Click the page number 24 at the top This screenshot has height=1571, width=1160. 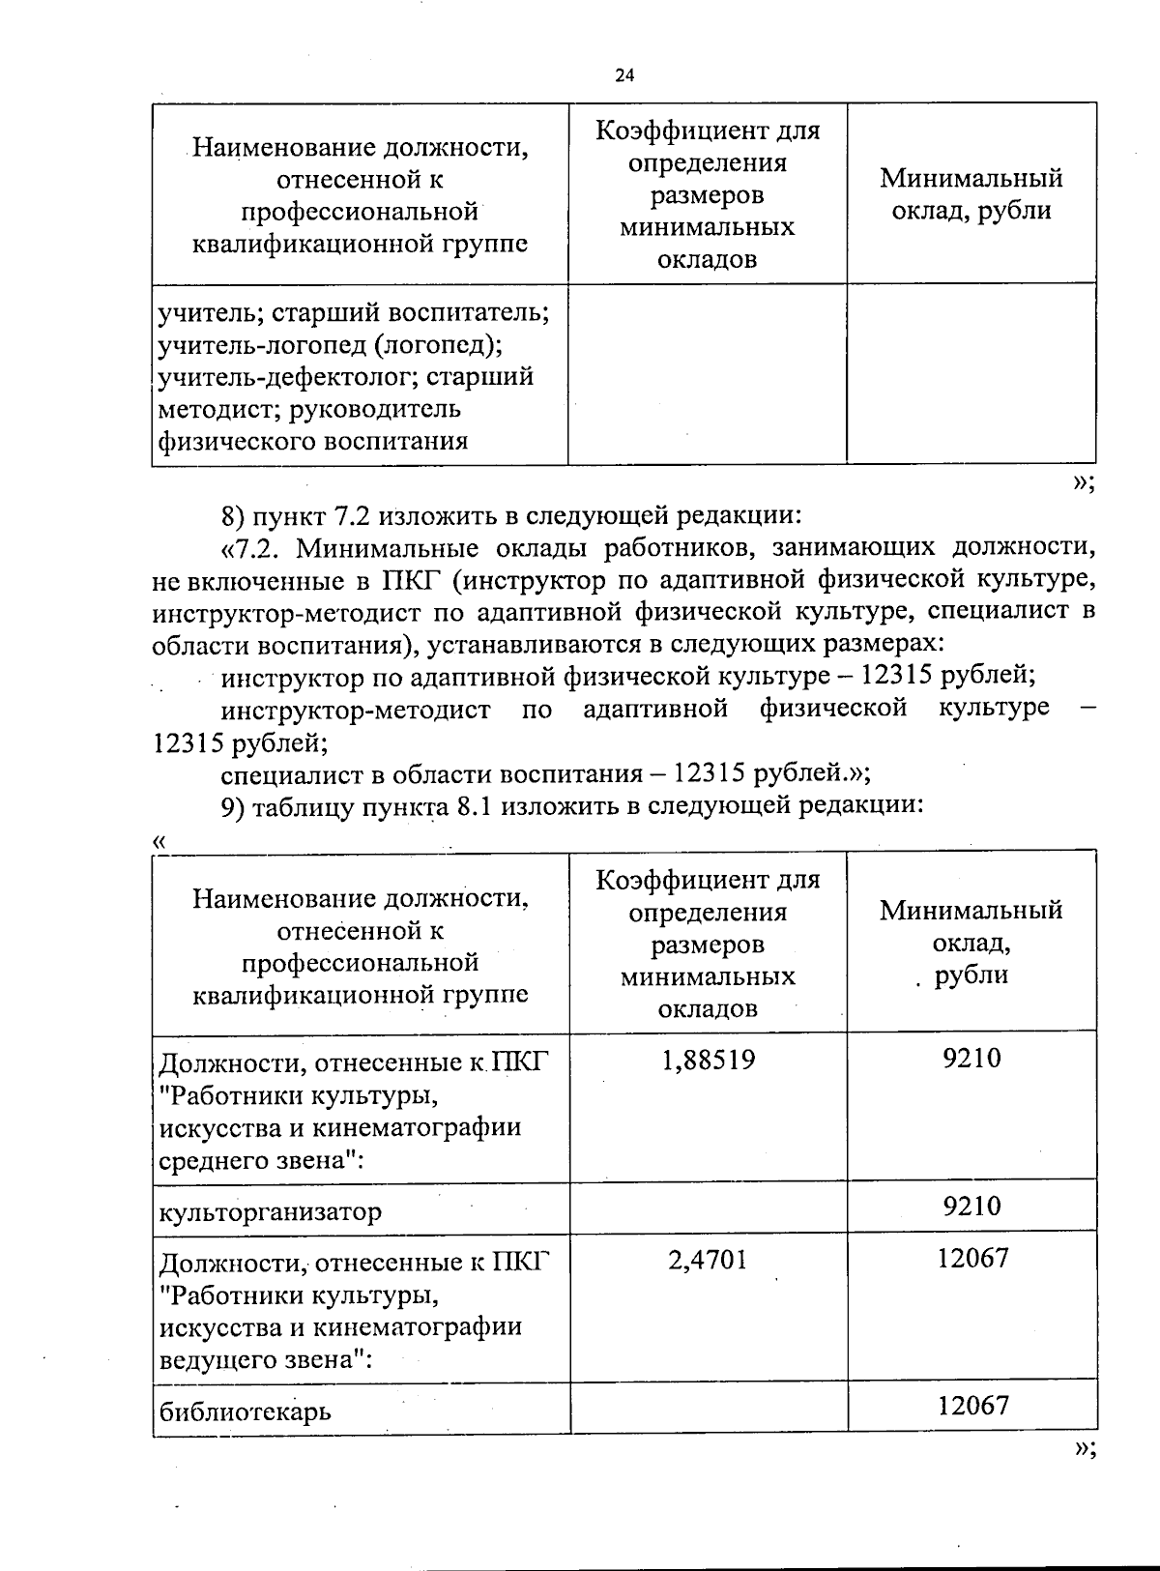pyautogui.click(x=624, y=75)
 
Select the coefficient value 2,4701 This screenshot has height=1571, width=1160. pyautogui.click(x=707, y=1259)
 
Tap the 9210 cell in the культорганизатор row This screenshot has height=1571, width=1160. pyautogui.click(x=971, y=1206)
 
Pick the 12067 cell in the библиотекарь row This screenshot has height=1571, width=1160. pyautogui.click(x=971, y=1405)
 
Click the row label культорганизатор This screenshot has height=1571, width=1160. pyautogui.click(x=271, y=1211)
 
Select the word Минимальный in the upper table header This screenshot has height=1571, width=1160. pyautogui.click(x=971, y=178)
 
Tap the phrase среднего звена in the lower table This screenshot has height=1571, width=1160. pyautogui.click(x=253, y=1160)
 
